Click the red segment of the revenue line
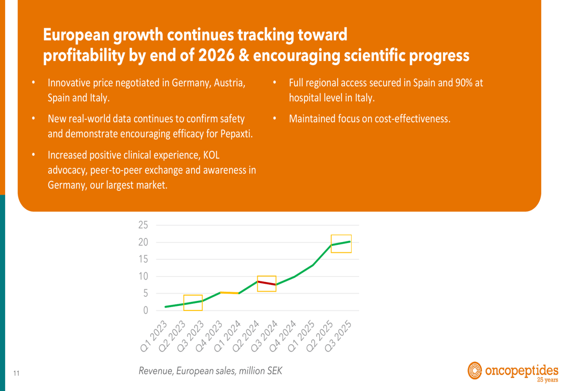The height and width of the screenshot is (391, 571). pos(267,283)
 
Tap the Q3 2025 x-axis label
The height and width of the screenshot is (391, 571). pos(338,336)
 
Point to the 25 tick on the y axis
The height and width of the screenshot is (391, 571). pos(143,225)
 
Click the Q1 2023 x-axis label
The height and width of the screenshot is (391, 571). pos(154,336)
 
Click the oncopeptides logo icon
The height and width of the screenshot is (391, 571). pos(475,370)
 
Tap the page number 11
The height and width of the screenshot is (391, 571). pos(17,373)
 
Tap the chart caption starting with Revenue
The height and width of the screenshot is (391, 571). pos(211,371)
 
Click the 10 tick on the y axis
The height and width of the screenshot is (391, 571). pos(143,276)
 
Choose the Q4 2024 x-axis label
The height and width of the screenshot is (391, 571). pos(283,336)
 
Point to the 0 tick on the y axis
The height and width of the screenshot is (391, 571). pos(146,311)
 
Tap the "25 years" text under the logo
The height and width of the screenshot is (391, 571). pos(548,380)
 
